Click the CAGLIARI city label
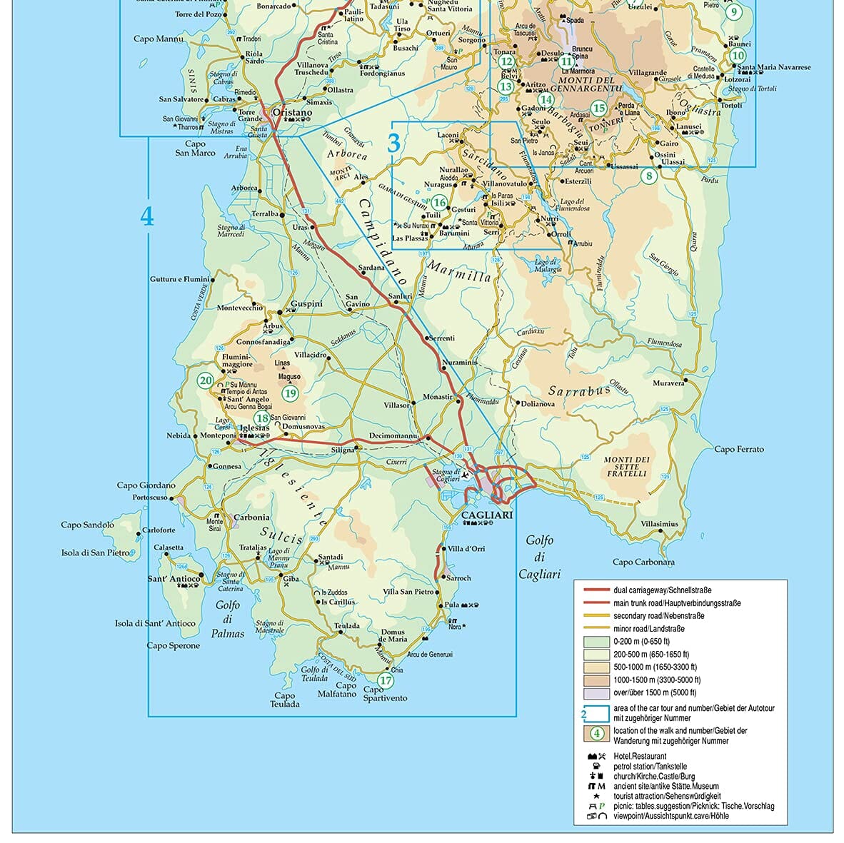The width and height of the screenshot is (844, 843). tap(487, 515)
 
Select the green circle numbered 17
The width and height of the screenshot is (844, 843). tap(386, 680)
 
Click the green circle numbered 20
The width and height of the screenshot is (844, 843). tap(206, 380)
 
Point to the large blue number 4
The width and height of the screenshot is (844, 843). tap(147, 216)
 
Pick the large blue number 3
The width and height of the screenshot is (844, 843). tap(394, 143)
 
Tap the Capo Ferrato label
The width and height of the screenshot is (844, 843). tap(739, 449)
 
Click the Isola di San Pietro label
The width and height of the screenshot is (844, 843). tap(96, 552)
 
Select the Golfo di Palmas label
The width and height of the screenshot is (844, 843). tap(228, 619)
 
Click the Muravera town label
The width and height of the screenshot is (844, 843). tap(670, 383)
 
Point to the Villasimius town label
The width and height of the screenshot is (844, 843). tap(659, 524)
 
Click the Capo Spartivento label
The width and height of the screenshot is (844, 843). tap(385, 693)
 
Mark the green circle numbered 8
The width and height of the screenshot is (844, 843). tap(648, 176)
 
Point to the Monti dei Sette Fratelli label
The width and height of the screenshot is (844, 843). tap(627, 466)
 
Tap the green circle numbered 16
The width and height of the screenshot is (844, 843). tap(439, 203)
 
